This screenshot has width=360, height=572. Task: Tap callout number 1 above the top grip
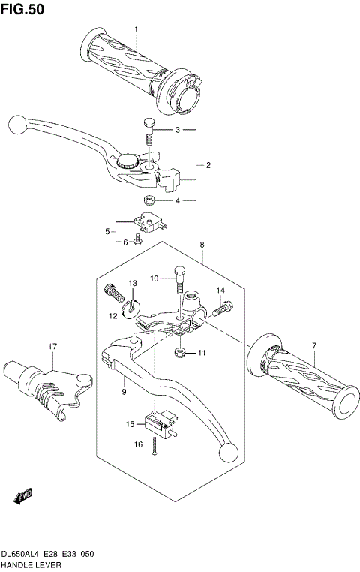tap(136, 29)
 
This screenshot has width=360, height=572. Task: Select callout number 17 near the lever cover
tap(52, 346)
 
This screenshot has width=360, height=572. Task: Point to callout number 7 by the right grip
tap(314, 346)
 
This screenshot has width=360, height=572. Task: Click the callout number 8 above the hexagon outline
tap(202, 245)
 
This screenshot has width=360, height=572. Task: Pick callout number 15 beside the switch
tap(130, 424)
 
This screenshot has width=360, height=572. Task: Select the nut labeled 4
tap(148, 200)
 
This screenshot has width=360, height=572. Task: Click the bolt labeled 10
tap(178, 280)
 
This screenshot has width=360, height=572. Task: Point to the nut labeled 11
tap(180, 353)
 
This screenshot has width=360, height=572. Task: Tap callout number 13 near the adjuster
tap(132, 283)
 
